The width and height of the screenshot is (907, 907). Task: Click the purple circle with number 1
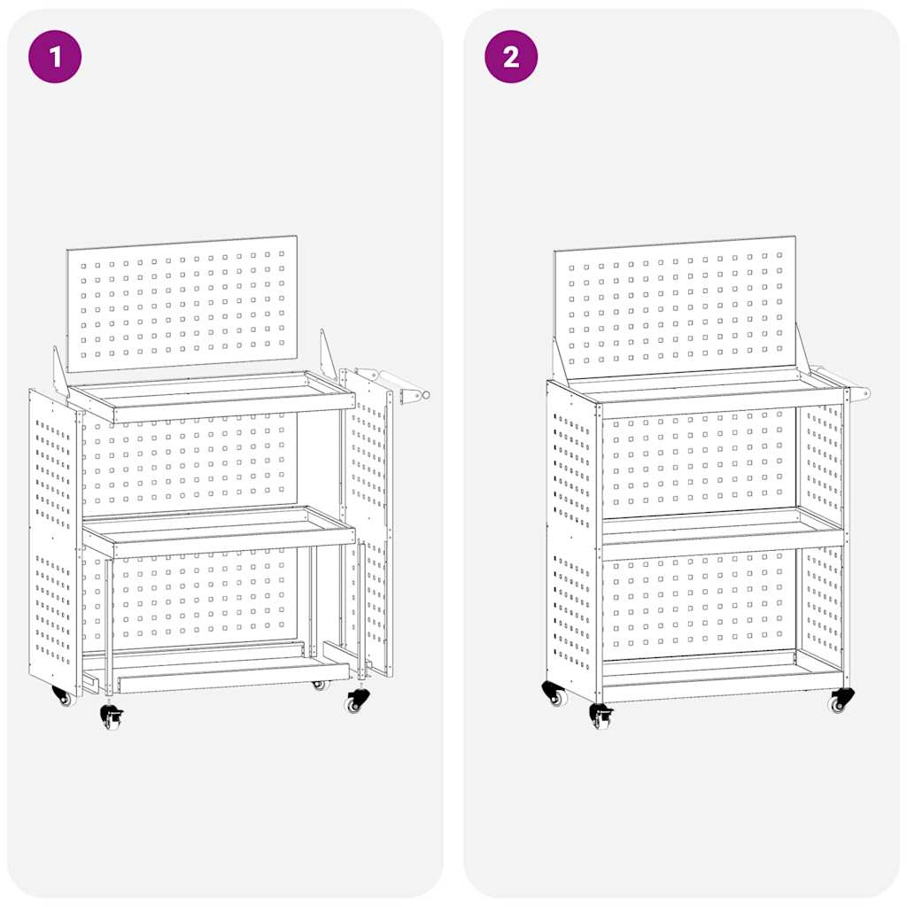55,57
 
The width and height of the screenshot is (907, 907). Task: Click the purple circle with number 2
511,57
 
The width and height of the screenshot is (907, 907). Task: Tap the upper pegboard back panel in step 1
182,303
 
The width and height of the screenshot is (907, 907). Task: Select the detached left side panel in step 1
53,540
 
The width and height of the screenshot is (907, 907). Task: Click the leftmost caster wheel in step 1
62,696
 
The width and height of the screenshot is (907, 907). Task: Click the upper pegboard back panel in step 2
675,306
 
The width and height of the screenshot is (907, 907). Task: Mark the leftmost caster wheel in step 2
554,693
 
